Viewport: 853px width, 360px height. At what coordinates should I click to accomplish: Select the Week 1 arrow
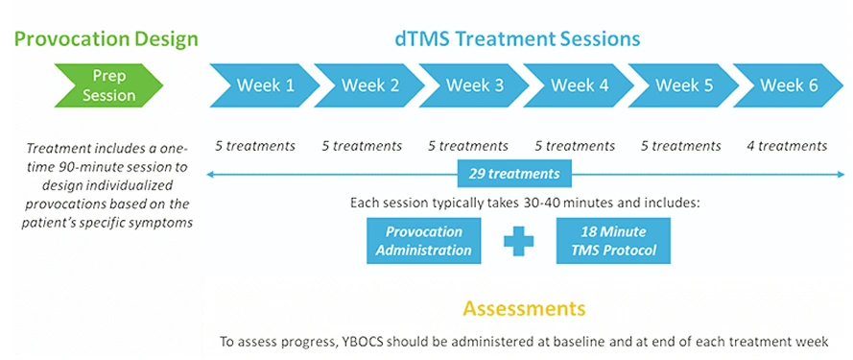click(265, 84)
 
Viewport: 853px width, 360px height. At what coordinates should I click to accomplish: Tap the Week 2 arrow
click(369, 84)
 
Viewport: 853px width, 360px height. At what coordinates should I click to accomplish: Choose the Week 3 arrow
click(474, 84)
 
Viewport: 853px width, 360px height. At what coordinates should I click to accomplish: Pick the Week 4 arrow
click(579, 84)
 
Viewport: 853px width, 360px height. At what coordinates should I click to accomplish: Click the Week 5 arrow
click(683, 84)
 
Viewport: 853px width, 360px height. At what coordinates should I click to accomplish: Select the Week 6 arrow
click(788, 84)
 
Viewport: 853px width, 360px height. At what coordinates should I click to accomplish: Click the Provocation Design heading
click(105, 39)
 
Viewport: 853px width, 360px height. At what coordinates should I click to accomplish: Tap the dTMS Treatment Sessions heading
click(517, 39)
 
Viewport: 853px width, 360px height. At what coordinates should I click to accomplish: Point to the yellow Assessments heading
click(524, 308)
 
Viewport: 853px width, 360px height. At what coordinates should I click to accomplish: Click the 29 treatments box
click(515, 174)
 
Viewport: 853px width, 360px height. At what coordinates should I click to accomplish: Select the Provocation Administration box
click(423, 241)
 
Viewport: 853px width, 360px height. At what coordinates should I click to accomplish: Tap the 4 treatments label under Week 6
click(787, 146)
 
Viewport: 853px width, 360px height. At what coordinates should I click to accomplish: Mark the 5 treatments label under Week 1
click(254, 146)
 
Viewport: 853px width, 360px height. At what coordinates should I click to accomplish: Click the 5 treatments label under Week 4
click(574, 146)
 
